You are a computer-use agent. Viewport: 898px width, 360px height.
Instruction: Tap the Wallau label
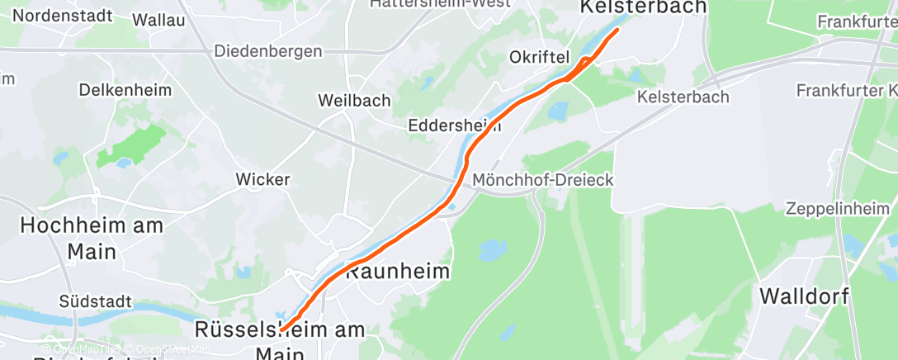pyautogui.click(x=158, y=20)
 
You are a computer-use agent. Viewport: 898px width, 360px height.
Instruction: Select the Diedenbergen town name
pyautogui.click(x=268, y=51)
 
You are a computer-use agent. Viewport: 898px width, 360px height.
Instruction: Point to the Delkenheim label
pyautogui.click(x=125, y=89)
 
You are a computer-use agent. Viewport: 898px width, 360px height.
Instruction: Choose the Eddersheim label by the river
pyautogui.click(x=455, y=126)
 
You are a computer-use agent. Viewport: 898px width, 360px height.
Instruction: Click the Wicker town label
pyautogui.click(x=262, y=178)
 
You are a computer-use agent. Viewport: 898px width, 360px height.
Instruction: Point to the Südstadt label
pyautogui.click(x=96, y=302)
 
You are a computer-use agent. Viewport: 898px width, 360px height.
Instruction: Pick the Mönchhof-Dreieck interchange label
pyautogui.click(x=544, y=180)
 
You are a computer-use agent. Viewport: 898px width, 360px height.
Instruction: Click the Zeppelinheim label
pyautogui.click(x=840, y=207)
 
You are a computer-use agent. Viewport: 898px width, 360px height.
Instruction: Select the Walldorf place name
pyautogui.click(x=805, y=296)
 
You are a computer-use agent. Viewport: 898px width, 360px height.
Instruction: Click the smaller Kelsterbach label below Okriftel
pyautogui.click(x=683, y=97)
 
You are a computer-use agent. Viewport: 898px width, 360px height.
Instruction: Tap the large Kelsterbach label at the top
pyautogui.click(x=644, y=7)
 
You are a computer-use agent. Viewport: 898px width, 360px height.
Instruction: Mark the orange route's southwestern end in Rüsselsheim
pyautogui.click(x=282, y=330)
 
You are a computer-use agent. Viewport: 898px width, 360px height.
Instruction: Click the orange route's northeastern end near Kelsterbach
pyautogui.click(x=617, y=31)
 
